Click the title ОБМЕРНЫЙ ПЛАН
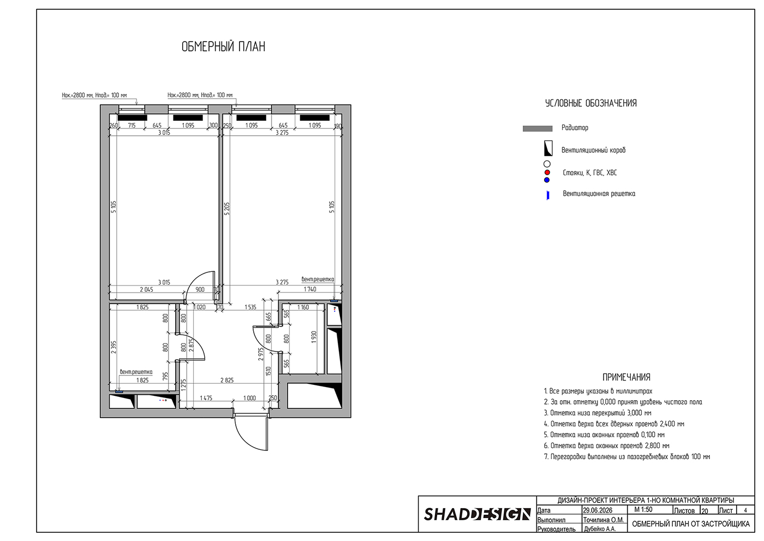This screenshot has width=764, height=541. coord(223,47)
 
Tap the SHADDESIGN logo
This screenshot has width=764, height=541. coord(477,514)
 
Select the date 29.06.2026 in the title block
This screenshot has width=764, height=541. coord(598,510)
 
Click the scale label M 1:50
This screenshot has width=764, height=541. coord(643,510)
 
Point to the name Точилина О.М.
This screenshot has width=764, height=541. coord(604,520)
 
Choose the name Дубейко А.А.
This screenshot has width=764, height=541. coord(600,529)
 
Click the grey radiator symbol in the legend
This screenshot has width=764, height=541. coord(538,129)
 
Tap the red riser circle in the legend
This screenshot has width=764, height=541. coord(547,173)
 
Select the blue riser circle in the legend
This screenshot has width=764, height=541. coord(547,180)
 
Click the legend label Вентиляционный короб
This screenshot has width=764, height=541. coord(594,150)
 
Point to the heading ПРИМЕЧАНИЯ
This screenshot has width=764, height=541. coord(626,377)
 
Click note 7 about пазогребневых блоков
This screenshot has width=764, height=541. coord(627,457)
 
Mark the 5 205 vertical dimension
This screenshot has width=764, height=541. coord(227,209)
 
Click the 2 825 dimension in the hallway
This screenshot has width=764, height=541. coord(227,381)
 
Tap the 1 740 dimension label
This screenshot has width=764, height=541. coord(310,289)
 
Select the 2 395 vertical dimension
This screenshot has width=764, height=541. coord(114,347)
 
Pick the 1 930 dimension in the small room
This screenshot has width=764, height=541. coord(314,337)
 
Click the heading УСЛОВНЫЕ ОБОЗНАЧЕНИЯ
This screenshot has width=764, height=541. coord(590,103)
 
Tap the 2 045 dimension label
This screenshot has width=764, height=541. coord(146,289)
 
